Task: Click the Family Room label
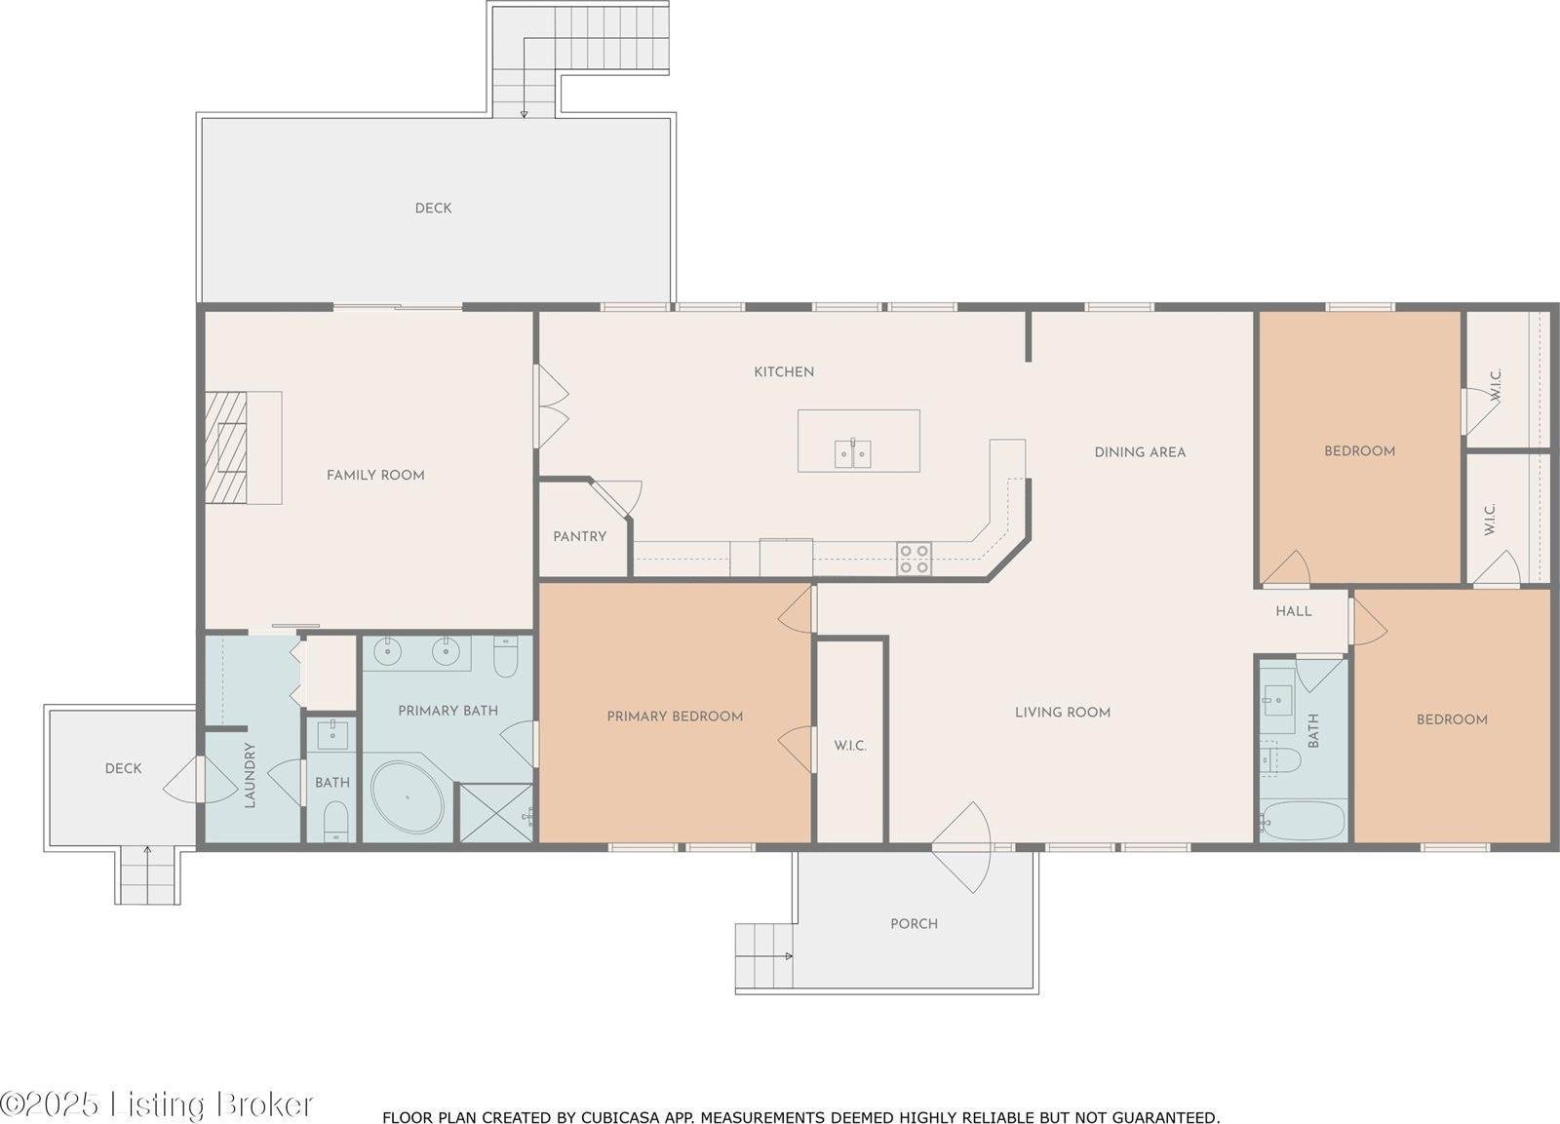(x=375, y=475)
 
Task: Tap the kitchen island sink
(x=852, y=454)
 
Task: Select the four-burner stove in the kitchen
(x=915, y=560)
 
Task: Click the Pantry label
(x=579, y=536)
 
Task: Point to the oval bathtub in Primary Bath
(x=408, y=798)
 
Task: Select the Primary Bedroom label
(x=675, y=716)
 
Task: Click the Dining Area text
(x=1140, y=452)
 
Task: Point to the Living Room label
(x=1063, y=712)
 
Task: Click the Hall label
(x=1294, y=611)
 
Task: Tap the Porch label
(x=915, y=923)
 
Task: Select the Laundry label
(x=250, y=775)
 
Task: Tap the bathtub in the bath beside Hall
(x=1303, y=821)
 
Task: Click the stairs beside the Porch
(x=764, y=955)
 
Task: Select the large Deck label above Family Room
(x=433, y=209)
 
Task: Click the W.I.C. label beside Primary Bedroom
(x=850, y=746)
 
